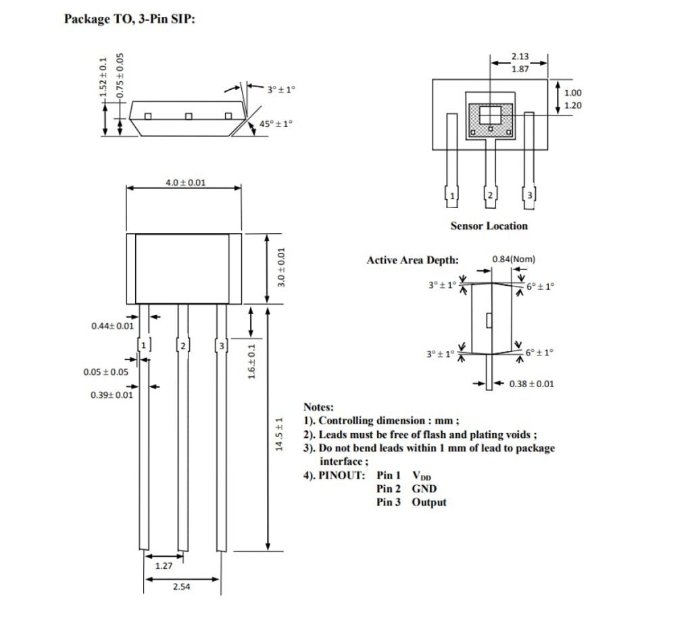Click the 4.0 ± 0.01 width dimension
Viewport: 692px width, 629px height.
pyautogui.click(x=185, y=182)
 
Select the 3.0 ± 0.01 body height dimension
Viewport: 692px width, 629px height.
pyautogui.click(x=282, y=268)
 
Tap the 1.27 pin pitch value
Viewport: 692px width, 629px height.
pyautogui.click(x=164, y=566)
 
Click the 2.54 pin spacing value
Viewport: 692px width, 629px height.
pyautogui.click(x=181, y=587)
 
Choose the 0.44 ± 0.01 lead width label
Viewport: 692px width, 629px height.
pyautogui.click(x=112, y=326)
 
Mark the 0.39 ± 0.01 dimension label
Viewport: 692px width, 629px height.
pyautogui.click(x=112, y=395)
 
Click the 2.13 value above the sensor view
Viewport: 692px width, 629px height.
pyautogui.click(x=520, y=57)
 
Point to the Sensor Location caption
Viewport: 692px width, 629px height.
pyautogui.click(x=489, y=226)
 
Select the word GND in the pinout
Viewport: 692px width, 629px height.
pyautogui.click(x=424, y=488)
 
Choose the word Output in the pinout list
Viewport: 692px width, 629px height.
pyautogui.click(x=428, y=502)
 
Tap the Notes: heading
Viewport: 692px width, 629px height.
pyautogui.click(x=318, y=407)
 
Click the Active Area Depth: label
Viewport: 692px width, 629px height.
pyautogui.click(x=412, y=260)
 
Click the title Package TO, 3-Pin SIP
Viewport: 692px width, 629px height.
pyautogui.click(x=130, y=19)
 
